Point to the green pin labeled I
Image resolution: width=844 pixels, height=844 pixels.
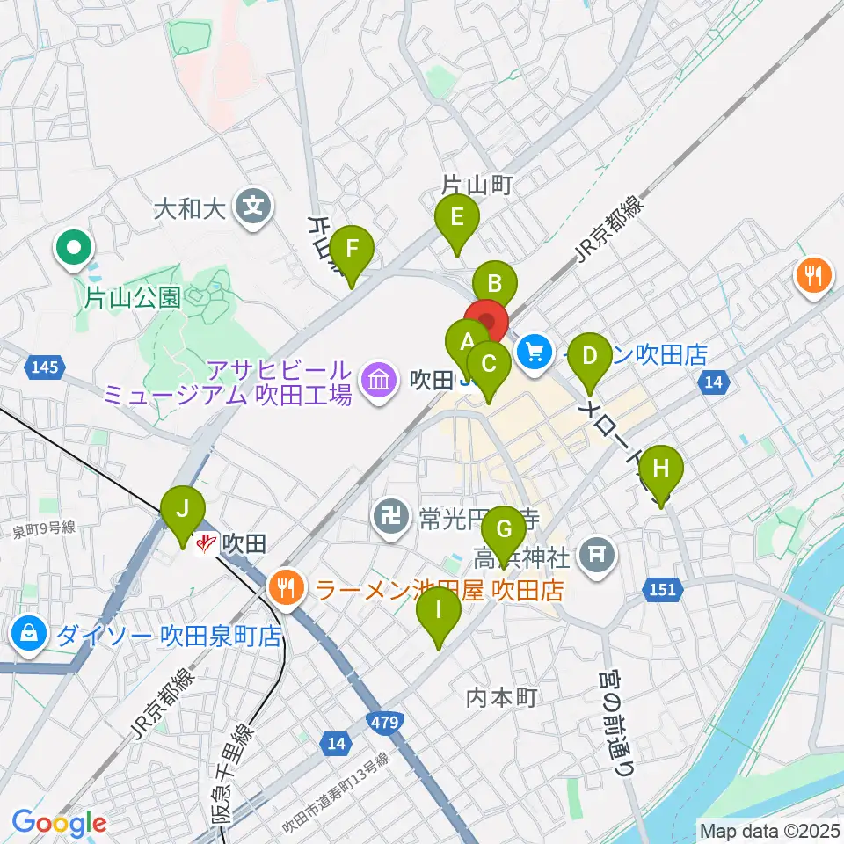coord(438,609)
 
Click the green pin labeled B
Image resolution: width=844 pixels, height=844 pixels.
coord(494,284)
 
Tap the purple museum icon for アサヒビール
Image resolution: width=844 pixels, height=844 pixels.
coord(379,380)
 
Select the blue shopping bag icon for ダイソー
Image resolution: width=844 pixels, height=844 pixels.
coord(30,633)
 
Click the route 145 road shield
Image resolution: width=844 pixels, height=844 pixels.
coord(46,367)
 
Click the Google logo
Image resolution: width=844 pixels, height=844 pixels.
coord(59,824)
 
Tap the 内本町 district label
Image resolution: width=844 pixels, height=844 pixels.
coord(501,697)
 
